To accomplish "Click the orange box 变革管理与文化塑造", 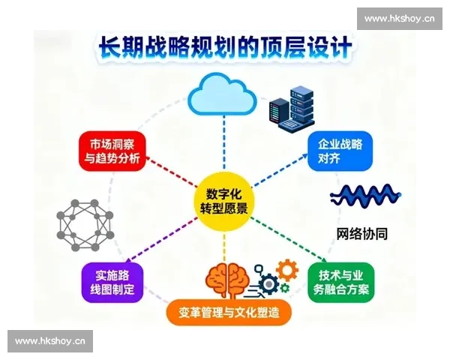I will coord(224,312).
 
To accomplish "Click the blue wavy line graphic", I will coord(365,197).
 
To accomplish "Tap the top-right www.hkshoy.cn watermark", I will coord(399,18).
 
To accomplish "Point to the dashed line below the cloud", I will coord(224,142).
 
